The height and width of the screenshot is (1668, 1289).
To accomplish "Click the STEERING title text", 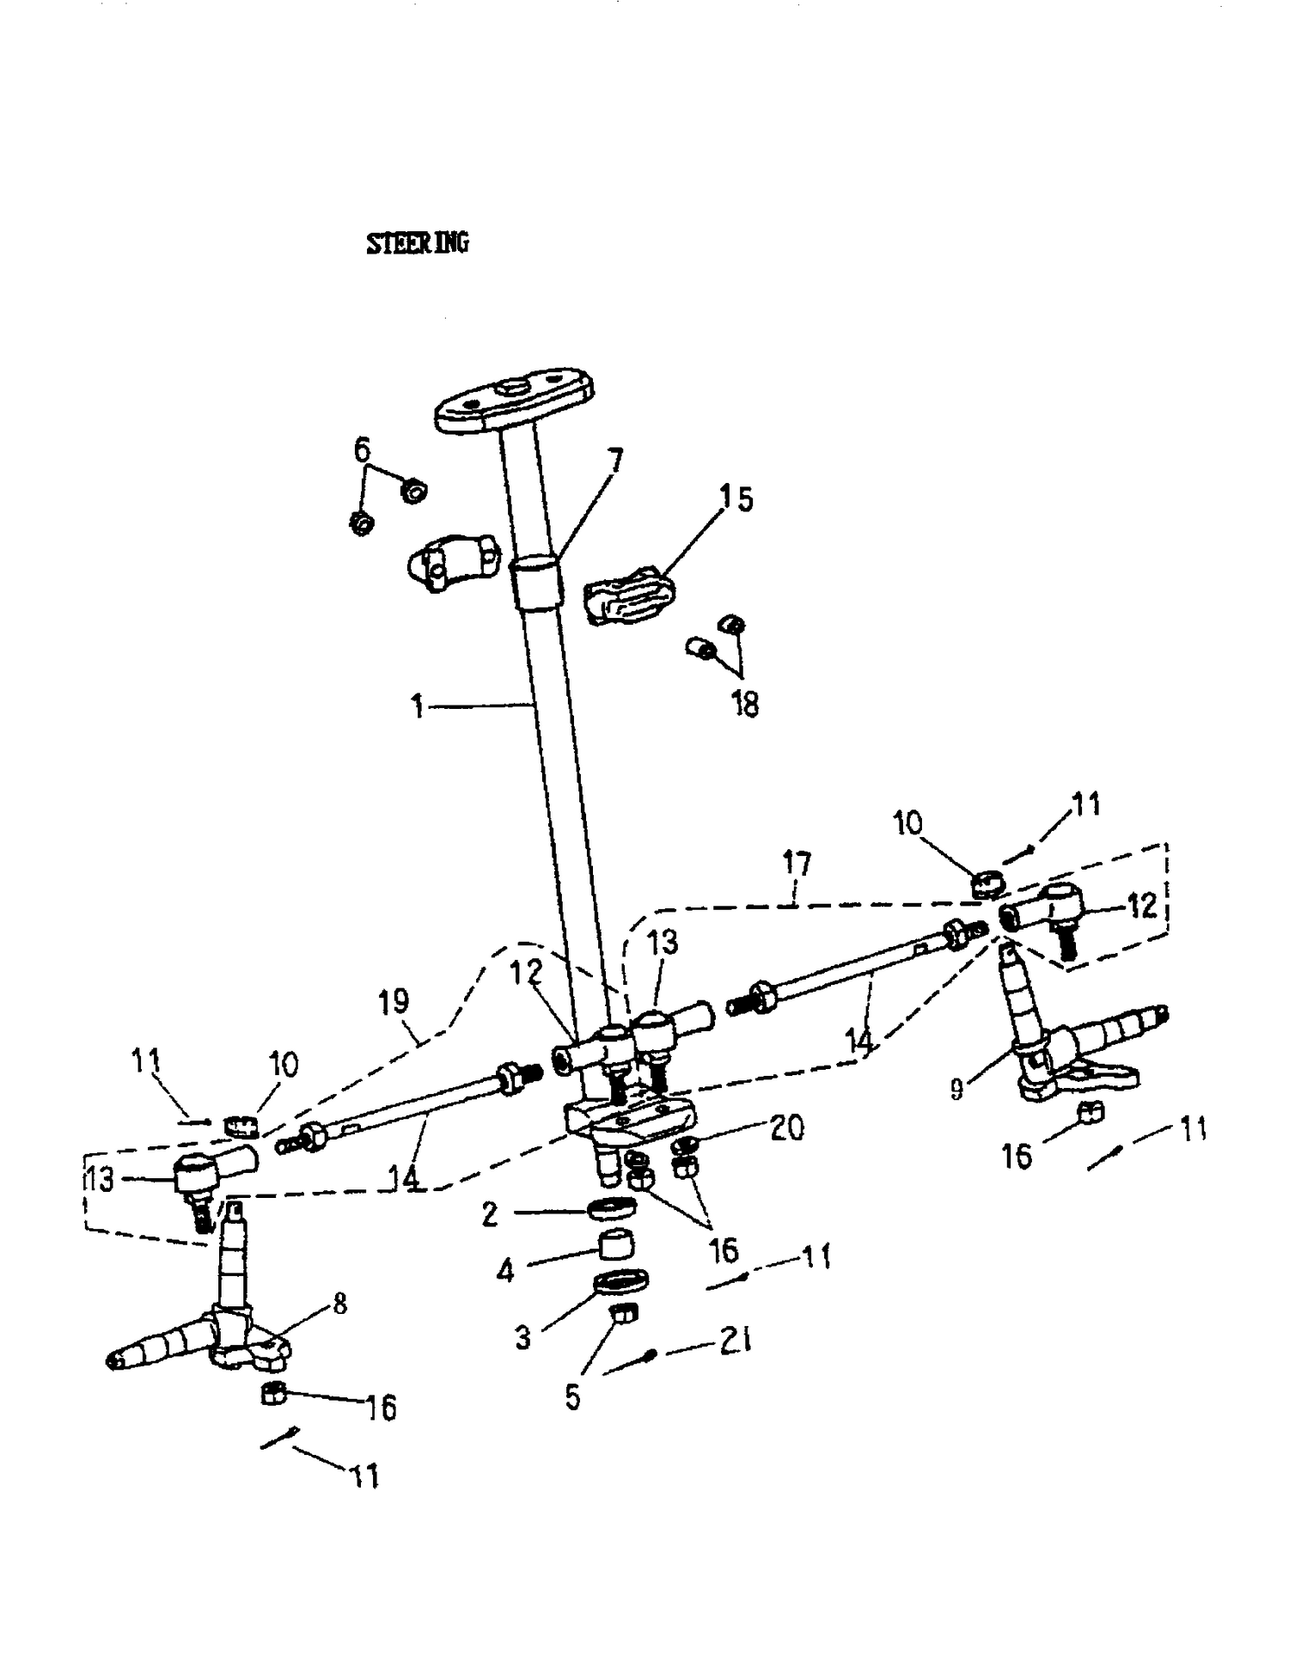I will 418,243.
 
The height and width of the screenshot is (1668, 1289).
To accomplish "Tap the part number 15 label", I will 736,499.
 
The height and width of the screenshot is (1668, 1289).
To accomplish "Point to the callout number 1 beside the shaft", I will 418,706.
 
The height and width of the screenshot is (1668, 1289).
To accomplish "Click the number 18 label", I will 744,705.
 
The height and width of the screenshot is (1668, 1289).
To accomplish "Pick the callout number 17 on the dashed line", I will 797,864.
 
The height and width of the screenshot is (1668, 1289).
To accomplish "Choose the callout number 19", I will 394,1002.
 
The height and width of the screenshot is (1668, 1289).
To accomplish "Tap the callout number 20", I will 786,1127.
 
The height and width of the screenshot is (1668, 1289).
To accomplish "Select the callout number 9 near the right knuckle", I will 956,1090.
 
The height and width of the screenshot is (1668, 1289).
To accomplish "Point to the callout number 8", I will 339,1304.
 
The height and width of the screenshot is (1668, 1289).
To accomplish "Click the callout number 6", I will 362,449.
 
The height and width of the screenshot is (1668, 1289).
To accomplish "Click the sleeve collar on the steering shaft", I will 536,583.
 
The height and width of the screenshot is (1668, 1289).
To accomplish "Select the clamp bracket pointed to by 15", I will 629,595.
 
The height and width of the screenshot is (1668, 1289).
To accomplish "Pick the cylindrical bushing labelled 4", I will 615,1243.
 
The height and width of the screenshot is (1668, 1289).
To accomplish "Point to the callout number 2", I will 489,1214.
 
